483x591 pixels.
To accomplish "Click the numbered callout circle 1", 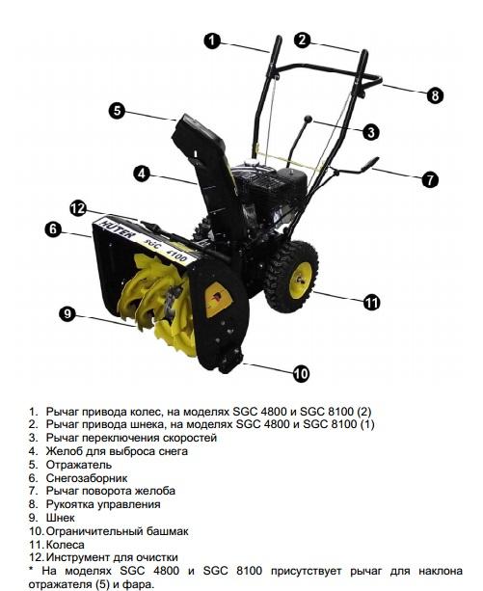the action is [212, 40].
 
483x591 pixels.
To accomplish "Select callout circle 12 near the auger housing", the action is [78, 208].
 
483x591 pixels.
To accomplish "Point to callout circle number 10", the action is [301, 373].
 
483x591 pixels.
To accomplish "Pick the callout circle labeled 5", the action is [118, 111].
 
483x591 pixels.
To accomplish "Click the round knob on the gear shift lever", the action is [309, 120].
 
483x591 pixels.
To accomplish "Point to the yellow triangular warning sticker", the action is [217, 300].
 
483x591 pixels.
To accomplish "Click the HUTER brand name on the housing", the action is [117, 229].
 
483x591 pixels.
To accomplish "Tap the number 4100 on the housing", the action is [175, 255].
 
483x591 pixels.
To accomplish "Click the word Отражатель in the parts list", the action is [79, 465].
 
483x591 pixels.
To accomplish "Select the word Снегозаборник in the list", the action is [87, 478].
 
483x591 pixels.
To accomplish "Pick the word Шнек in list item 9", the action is [61, 518].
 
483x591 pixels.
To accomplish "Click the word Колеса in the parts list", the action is [66, 545].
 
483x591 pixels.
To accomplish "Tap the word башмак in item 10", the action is [167, 531].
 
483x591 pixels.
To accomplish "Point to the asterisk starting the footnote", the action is [31, 570].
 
